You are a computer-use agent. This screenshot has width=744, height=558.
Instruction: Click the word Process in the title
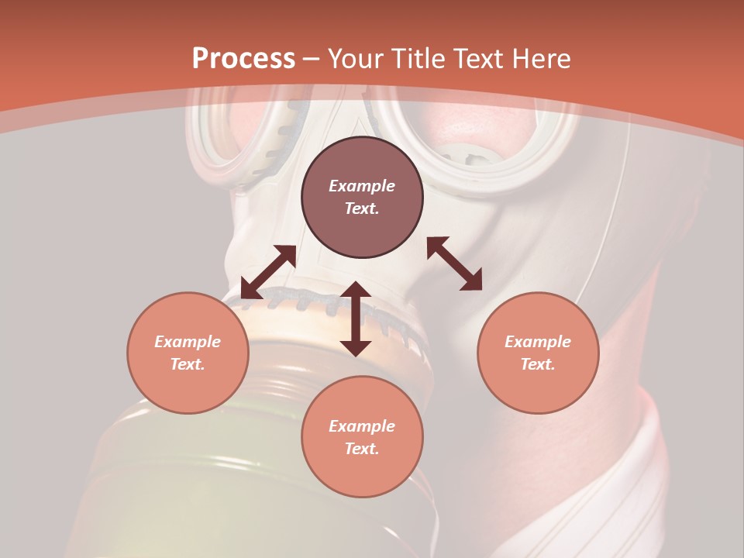pos(243,59)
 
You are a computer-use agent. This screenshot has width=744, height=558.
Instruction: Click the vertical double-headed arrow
pos(356,319)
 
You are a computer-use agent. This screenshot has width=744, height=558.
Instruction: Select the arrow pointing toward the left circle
pos(268,272)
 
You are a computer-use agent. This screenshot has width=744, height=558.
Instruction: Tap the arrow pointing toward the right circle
pos(455,263)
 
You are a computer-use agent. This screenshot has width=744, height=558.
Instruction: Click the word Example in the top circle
pos(362,186)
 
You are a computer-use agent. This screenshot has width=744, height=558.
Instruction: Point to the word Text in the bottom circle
pos(361,449)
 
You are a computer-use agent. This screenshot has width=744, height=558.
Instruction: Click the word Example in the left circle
pos(188,342)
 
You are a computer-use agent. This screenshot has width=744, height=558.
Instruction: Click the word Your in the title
pos(358,59)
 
